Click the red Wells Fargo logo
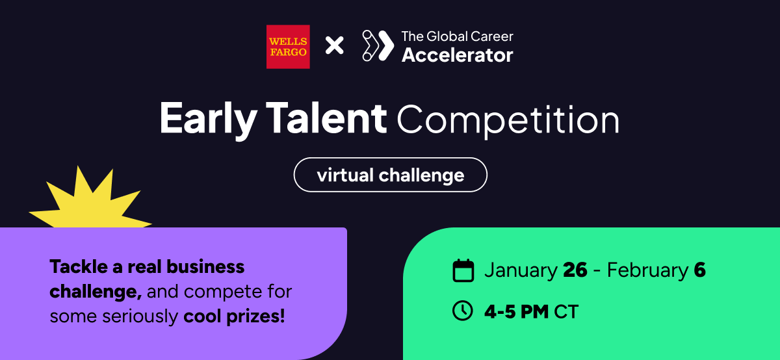point(288,46)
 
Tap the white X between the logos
point(334,45)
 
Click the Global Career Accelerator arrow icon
point(378,45)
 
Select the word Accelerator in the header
point(457,55)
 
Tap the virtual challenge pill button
point(390,175)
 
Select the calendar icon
point(463,270)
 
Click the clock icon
point(463,311)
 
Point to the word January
point(521,270)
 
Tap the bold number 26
point(575,270)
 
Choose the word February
point(647,270)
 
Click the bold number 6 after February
point(699,270)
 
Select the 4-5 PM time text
point(517,312)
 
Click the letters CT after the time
point(566,312)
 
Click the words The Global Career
point(457,36)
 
